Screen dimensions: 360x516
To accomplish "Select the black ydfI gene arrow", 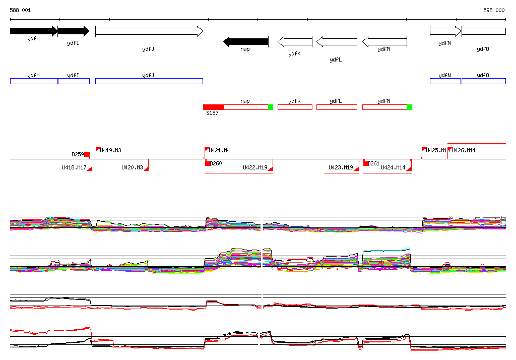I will (73, 31).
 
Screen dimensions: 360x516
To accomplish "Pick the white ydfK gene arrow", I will (295, 41).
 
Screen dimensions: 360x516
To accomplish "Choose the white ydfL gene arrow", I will (336, 41).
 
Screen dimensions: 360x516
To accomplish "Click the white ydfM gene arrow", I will (384, 41).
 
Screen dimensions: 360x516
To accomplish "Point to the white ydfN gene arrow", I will (445, 31).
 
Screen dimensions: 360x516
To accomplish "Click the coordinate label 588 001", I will (20, 10).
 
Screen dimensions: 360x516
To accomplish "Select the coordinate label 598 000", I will (494, 10).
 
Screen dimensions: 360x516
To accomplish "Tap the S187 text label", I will (212, 113).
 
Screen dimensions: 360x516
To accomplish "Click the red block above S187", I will (213, 107).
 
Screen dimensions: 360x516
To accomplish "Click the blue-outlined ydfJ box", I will (149, 81).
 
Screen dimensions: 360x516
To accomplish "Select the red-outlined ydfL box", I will (336, 107).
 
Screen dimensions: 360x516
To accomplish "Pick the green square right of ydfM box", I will (409, 107).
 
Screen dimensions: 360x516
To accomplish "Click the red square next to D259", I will (87, 154).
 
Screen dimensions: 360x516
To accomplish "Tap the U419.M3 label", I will (110, 150).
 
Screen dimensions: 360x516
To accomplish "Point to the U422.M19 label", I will (255, 167).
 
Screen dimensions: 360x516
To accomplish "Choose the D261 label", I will (373, 163).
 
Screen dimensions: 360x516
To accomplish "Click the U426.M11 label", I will (464, 150).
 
